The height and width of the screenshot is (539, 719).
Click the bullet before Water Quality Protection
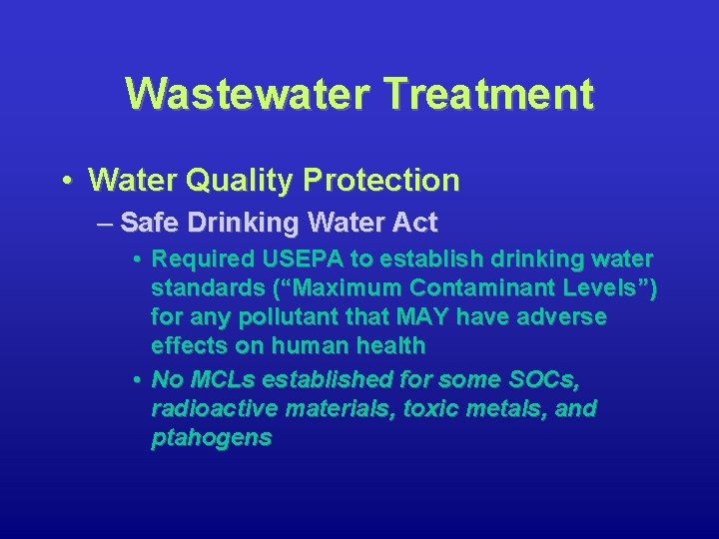click(x=65, y=181)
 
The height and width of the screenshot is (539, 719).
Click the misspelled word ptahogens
click(x=211, y=438)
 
